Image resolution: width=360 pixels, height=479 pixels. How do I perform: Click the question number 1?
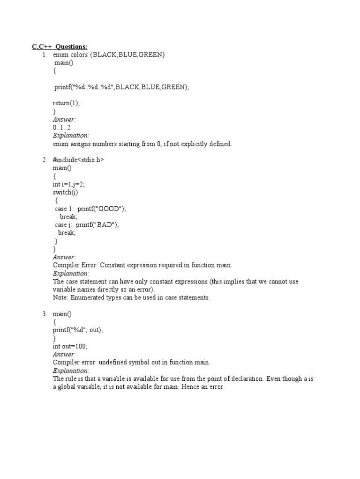[45, 55]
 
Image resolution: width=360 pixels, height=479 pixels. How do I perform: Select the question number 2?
[45, 160]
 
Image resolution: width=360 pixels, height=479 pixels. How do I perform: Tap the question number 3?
[45, 313]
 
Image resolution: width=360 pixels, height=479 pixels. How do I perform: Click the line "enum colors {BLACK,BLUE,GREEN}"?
[109, 55]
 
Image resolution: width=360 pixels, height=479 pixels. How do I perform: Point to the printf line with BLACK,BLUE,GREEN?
[121, 87]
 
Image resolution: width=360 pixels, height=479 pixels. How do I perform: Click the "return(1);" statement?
[66, 103]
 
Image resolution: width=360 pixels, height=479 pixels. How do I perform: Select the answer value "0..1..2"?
[61, 128]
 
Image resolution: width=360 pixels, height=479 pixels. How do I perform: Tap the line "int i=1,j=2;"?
[68, 184]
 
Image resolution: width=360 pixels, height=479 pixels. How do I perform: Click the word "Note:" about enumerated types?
[60, 298]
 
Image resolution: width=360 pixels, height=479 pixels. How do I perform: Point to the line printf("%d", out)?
[77, 330]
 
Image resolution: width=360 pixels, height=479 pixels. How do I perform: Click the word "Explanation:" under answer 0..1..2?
[71, 136]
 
